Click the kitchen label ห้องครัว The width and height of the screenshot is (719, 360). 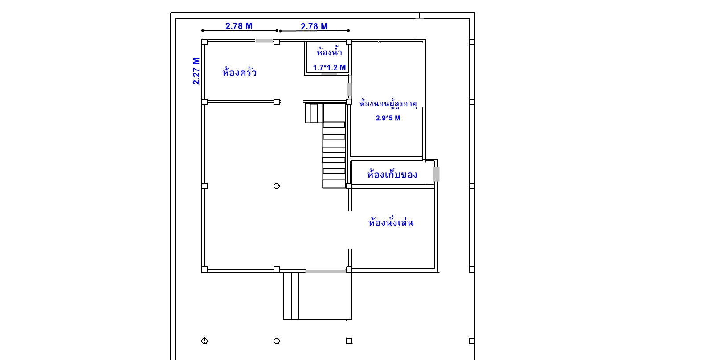(240, 72)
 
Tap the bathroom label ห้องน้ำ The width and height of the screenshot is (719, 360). (329, 52)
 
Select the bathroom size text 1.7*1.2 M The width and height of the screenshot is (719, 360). (329, 68)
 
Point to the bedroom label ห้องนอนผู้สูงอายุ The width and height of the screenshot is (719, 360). (388, 104)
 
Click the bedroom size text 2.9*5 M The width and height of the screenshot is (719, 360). (388, 118)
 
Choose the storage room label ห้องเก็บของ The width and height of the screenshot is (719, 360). (392, 174)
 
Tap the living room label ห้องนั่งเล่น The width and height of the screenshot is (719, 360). (391, 222)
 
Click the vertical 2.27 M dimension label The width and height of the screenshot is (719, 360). (196, 71)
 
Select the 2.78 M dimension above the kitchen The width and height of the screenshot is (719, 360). (239, 26)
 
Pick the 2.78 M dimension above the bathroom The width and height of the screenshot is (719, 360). (314, 26)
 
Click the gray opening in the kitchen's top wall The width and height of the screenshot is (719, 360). (265, 41)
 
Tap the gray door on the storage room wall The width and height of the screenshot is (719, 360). (436, 174)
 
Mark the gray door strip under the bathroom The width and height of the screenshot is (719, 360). (329, 74)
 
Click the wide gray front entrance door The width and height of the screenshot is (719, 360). (326, 271)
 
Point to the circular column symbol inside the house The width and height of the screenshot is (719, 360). (276, 186)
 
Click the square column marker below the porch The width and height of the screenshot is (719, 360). (349, 341)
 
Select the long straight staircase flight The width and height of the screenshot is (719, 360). (334, 155)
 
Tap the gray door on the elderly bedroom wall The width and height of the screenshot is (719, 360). (350, 90)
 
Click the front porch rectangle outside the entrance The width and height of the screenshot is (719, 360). (318, 296)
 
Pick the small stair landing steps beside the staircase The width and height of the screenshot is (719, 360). (314, 113)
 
